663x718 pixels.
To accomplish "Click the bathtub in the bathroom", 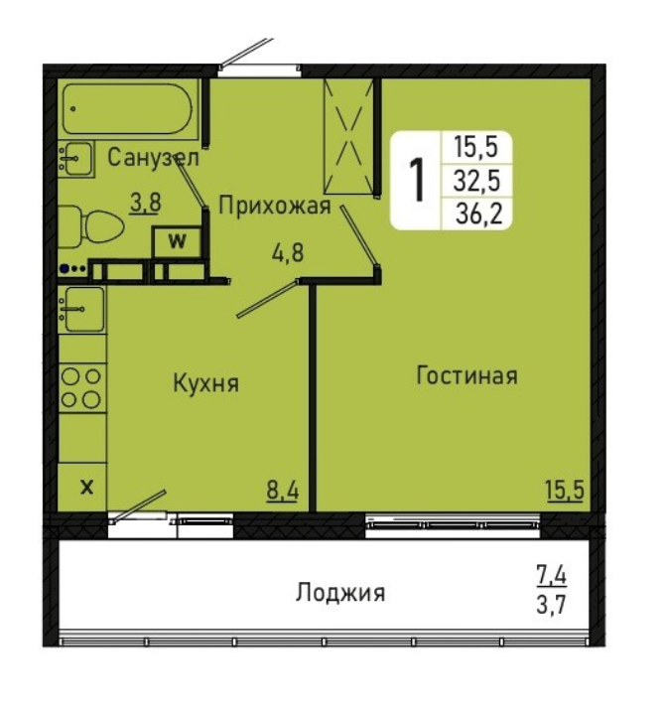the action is coord(128,109).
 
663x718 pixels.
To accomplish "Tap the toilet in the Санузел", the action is coord(90,227).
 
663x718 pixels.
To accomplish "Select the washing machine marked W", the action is coord(177,241).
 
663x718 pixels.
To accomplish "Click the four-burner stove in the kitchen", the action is coord(82,389).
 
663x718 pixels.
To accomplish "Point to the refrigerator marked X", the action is coord(82,487).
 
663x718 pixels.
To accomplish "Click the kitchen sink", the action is coord(81,310).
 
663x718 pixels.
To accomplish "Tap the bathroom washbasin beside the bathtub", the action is coord(75,159).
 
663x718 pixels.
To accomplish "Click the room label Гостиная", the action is coord(466,375).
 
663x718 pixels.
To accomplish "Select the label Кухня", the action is coord(205,382).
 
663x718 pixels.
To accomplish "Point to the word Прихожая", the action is coord(275,206).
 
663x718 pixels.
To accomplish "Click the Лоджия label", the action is coord(340,593).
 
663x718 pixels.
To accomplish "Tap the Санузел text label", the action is coord(153,158).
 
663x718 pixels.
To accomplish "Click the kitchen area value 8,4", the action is coord(283,491).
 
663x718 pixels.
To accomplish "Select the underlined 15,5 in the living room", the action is coord(565,491).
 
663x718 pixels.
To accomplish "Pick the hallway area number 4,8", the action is coord(288,252).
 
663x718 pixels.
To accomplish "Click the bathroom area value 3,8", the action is coord(146,204).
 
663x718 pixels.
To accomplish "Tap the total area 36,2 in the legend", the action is coord(479,214).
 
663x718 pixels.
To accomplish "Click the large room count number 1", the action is coord(416,180).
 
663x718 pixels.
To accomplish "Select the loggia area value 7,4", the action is coord(552,575).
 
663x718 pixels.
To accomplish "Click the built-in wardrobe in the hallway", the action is coord(349,136).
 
